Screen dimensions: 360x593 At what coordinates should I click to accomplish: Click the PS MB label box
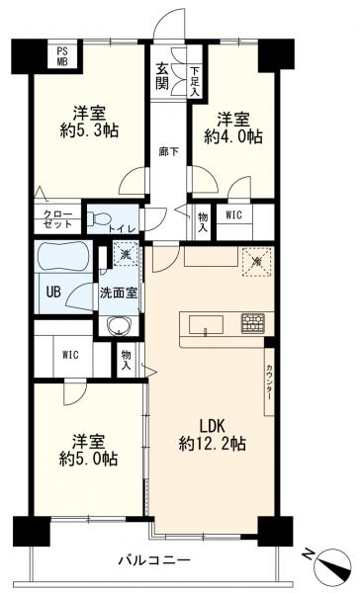tap(62, 56)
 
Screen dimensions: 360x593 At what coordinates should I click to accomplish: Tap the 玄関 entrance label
tap(163, 76)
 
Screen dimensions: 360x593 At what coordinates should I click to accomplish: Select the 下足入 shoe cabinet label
tap(195, 81)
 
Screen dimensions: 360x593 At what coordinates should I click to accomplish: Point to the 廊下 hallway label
tap(168, 151)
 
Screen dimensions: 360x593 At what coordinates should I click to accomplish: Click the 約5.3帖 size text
tap(89, 130)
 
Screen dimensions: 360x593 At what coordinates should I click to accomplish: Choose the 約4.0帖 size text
tap(233, 136)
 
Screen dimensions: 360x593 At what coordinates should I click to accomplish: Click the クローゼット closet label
tap(58, 219)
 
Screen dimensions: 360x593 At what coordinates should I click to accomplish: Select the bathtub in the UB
tap(63, 256)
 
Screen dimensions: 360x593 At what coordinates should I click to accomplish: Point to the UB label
tap(53, 292)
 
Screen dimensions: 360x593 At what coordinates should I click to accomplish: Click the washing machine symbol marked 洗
tap(126, 254)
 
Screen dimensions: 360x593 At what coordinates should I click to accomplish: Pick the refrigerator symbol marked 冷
tap(257, 261)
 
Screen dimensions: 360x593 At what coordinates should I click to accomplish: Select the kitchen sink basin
tap(206, 325)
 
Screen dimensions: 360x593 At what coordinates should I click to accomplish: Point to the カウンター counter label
tap(269, 381)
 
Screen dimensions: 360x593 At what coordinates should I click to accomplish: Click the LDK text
tap(213, 426)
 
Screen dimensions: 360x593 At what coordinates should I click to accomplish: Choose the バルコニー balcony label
tap(155, 559)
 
